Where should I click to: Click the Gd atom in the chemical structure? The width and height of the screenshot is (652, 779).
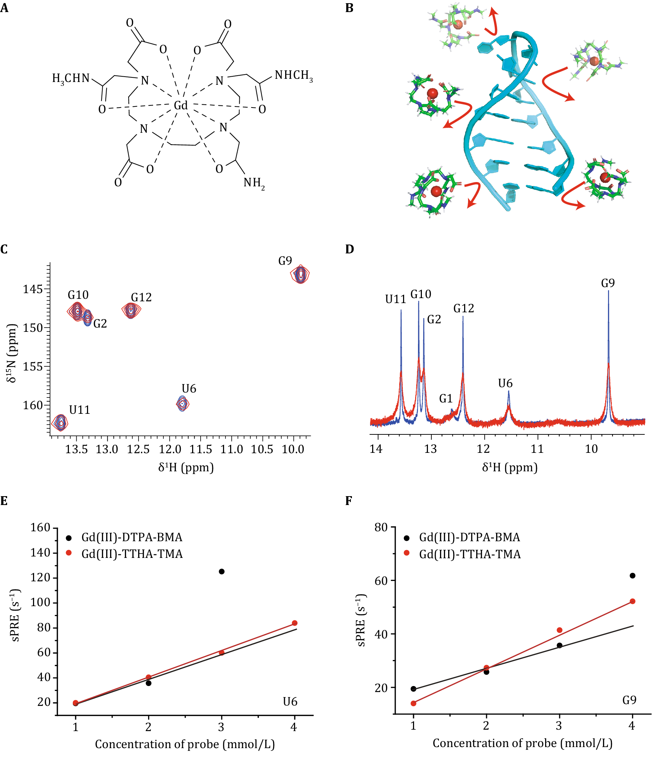click(181, 106)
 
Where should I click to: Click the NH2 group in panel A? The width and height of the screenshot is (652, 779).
click(254, 183)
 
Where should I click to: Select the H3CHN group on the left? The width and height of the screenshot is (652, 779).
click(71, 78)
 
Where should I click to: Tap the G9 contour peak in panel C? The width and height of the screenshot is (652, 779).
click(300, 274)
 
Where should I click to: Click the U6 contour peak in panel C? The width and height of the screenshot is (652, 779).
click(182, 404)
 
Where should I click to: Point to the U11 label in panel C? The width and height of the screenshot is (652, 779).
click(80, 410)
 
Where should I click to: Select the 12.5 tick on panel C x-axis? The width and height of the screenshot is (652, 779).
click(138, 450)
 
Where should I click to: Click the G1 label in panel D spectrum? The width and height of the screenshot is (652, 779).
click(446, 399)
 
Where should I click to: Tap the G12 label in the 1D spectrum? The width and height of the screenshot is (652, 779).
click(463, 309)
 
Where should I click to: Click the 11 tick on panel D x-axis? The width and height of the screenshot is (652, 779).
click(537, 449)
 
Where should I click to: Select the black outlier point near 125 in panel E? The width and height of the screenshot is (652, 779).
click(222, 572)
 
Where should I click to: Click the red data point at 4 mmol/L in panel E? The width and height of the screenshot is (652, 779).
click(295, 623)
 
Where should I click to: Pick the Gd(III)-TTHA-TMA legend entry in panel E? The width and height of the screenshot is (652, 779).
click(132, 554)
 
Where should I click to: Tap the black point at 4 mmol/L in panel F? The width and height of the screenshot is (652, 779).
click(633, 576)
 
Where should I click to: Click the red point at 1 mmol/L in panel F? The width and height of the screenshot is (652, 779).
click(413, 704)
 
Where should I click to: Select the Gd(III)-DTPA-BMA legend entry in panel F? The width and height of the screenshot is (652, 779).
click(469, 538)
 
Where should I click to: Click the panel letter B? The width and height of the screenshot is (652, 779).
click(349, 8)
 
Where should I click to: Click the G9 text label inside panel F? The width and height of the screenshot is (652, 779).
click(629, 700)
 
